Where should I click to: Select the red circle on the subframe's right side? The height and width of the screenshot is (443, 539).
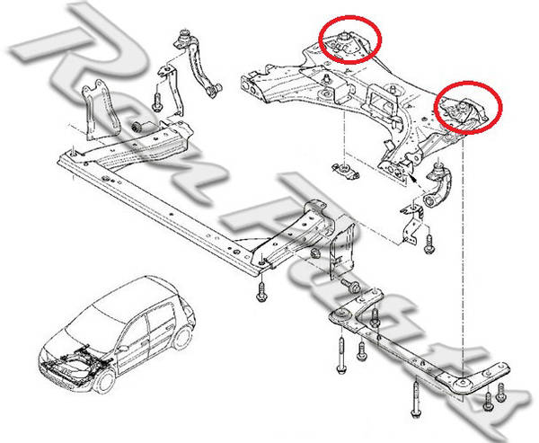[469, 106]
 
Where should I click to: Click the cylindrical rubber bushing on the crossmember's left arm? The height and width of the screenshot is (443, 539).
[141, 124]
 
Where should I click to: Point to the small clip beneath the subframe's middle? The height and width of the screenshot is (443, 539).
[344, 170]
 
